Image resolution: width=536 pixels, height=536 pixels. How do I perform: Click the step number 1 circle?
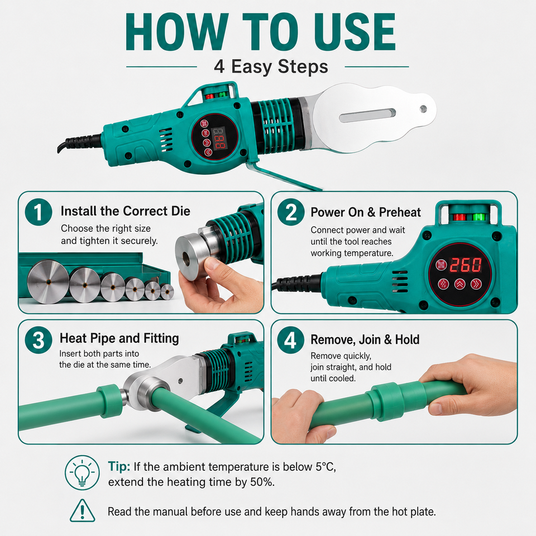click(x=39, y=212)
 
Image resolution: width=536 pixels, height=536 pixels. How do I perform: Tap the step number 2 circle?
click(x=291, y=212)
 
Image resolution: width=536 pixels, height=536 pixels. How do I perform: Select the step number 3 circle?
click(x=39, y=340)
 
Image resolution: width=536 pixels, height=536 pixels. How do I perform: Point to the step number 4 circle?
click(x=291, y=340)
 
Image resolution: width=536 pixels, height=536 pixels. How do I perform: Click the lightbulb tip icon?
click(x=83, y=472)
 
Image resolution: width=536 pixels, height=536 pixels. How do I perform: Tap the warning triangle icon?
click(x=83, y=511)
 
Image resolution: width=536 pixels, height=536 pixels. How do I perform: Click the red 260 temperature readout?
click(x=466, y=265)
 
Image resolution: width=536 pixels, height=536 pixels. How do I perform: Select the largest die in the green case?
click(x=48, y=281)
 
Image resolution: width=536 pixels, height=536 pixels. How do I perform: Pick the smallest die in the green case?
click(x=167, y=292)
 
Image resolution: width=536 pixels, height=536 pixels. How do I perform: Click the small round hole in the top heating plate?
click(x=423, y=109)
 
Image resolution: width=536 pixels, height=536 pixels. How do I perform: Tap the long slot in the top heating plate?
click(x=367, y=116)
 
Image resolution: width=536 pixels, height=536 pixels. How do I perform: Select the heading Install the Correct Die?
click(x=126, y=211)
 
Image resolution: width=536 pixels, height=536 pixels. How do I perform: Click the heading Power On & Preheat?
click(x=366, y=212)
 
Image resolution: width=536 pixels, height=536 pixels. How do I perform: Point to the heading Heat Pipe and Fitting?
click(x=119, y=338)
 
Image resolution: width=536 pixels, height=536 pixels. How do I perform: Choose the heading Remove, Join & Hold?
click(x=365, y=339)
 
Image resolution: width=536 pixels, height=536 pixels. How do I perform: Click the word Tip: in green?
click(x=119, y=466)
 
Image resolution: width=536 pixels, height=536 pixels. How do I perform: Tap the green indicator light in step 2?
click(x=478, y=217)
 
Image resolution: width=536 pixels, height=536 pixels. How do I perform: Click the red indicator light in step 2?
click(x=459, y=217)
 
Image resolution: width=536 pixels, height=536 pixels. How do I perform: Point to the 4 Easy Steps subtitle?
click(x=271, y=66)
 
